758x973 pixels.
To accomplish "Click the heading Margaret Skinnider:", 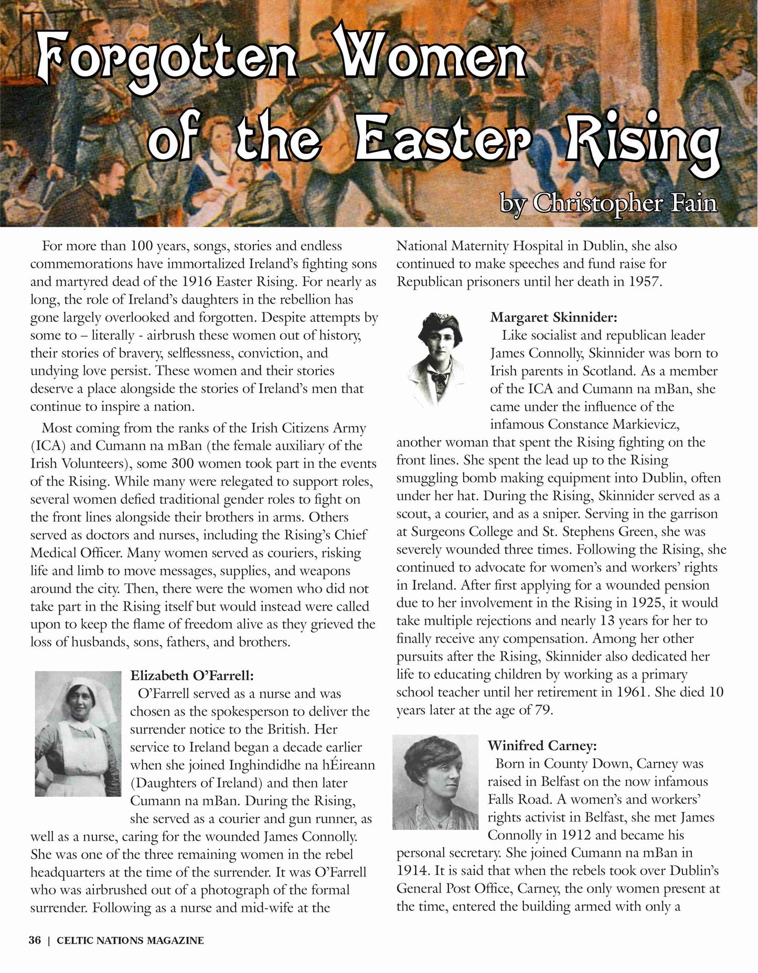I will click(553, 317).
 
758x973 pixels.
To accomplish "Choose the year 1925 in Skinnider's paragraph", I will click(635, 603).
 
